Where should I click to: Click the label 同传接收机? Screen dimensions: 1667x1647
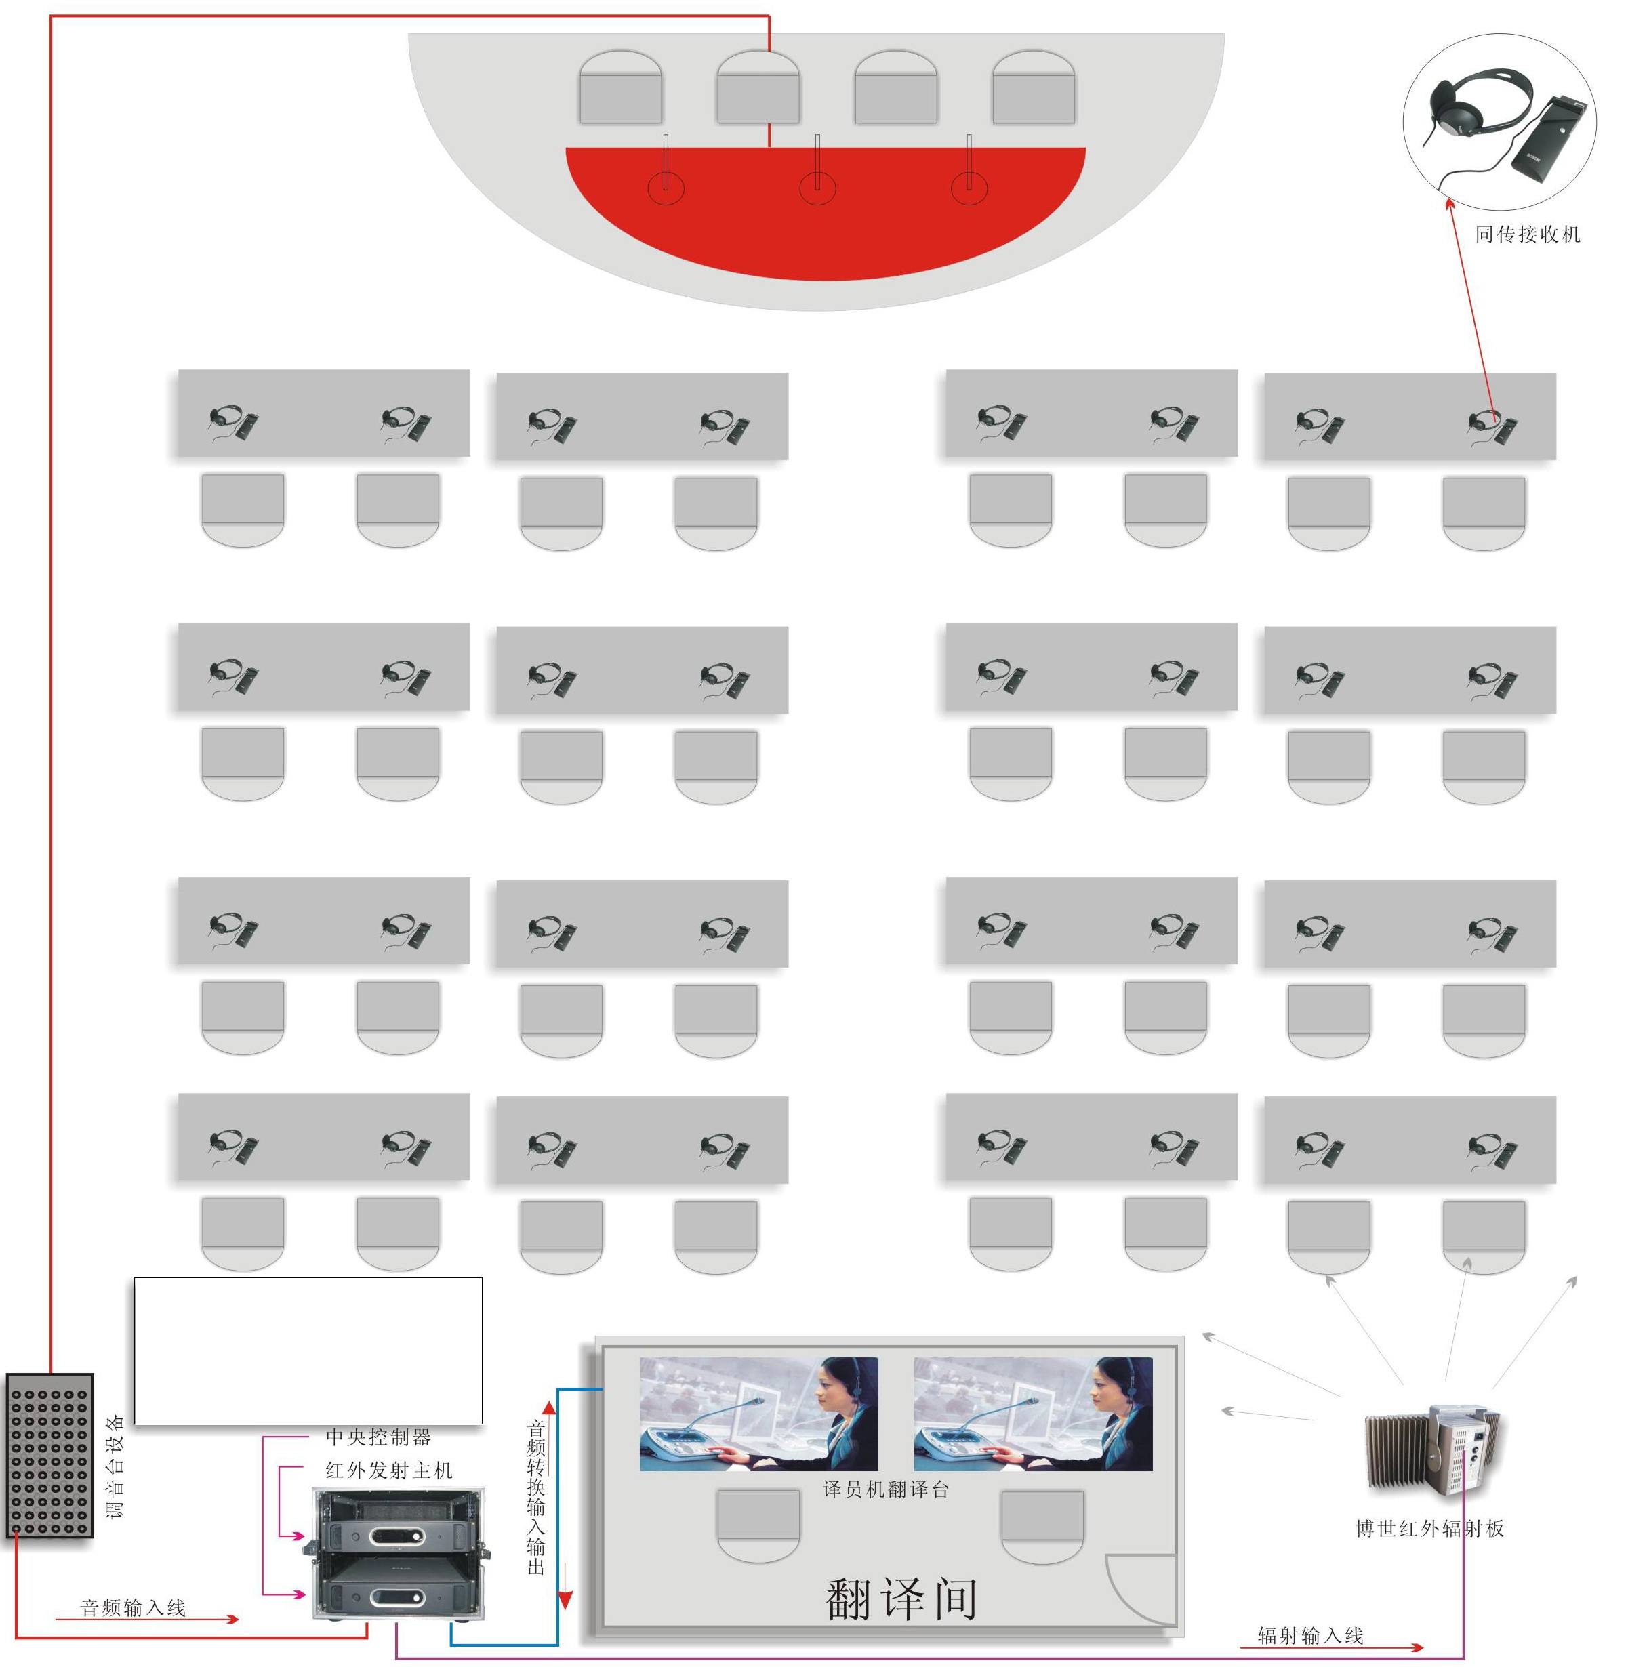(1526, 234)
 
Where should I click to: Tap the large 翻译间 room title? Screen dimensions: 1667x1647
(900, 1598)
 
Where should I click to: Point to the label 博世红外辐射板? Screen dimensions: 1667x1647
(1429, 1528)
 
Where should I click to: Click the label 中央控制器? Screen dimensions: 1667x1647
(378, 1437)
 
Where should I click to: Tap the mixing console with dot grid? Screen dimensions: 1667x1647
(50, 1454)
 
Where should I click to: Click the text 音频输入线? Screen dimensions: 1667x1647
(133, 1607)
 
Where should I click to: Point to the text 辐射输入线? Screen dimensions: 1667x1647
(1309, 1635)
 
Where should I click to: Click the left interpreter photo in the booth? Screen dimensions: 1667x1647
(758, 1414)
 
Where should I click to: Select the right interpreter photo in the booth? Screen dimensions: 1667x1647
(1032, 1414)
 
